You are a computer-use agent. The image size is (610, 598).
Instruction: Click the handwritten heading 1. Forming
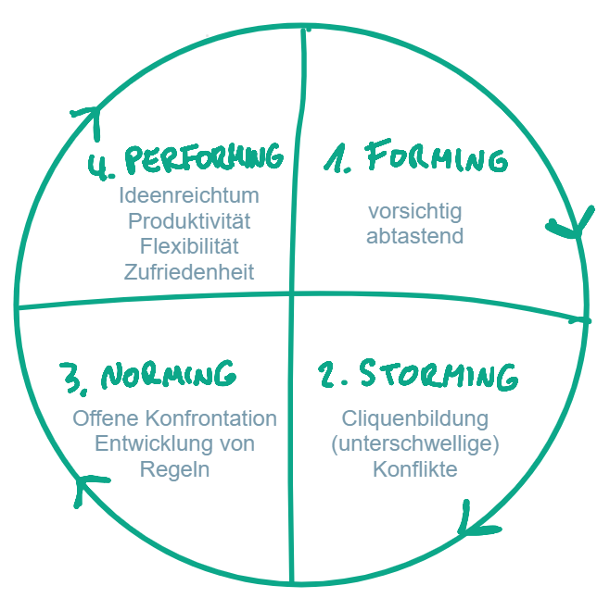tap(415, 158)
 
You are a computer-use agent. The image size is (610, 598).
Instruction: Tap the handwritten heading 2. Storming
tap(417, 375)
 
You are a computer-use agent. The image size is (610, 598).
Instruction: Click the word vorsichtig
tap(414, 211)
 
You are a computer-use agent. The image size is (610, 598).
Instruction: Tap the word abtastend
tap(414, 236)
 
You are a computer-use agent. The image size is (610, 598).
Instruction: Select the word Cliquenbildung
tap(414, 418)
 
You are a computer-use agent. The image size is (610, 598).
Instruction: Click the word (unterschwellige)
tap(414, 444)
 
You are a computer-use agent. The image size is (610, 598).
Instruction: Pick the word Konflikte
tap(414, 469)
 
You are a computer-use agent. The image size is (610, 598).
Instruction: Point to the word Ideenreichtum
tap(189, 196)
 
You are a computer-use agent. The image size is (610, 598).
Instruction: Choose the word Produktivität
tap(189, 221)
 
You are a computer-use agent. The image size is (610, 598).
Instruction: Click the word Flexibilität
tap(189, 246)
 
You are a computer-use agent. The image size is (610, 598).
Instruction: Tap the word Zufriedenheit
tap(189, 271)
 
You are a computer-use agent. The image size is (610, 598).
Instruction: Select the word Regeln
tap(174, 469)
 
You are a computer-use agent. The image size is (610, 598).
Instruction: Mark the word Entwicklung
tap(143, 444)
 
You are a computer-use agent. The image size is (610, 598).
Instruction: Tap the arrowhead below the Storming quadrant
tap(469, 526)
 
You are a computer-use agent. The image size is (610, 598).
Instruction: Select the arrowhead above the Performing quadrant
tap(89, 118)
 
